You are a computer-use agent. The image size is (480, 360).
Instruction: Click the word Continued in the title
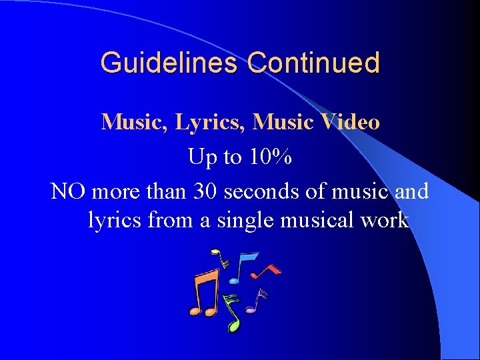coord(313,63)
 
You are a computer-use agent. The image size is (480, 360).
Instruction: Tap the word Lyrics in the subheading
coord(198,123)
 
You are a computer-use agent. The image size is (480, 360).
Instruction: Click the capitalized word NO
coord(69,191)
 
